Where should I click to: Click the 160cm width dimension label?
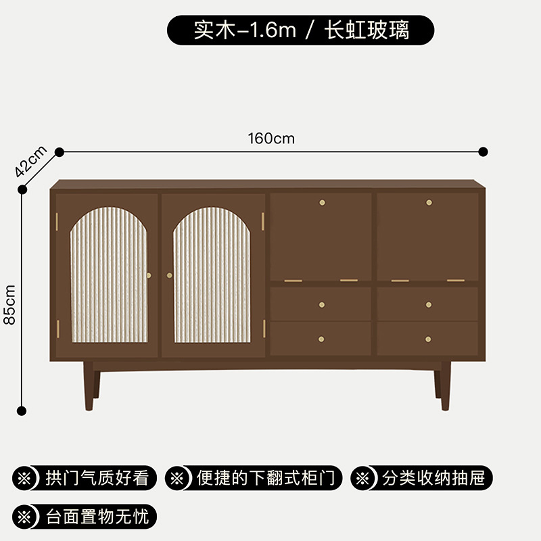[271, 139]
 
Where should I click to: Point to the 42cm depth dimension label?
[30, 161]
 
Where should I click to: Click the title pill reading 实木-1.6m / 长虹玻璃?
[301, 30]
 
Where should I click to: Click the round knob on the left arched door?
[149, 275]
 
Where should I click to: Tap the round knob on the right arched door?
[169, 275]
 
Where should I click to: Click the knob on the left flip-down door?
[322, 202]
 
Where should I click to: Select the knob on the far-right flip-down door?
[429, 202]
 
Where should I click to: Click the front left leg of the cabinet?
[89, 385]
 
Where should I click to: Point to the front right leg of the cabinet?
[445, 385]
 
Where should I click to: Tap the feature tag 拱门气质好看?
[85, 478]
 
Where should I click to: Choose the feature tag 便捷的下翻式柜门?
[254, 478]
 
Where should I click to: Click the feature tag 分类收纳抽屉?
[421, 478]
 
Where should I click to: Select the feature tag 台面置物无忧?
[85, 517]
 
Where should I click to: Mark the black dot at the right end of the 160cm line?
[483, 151]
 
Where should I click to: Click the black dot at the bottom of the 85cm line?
[22, 410]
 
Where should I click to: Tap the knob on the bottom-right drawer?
[429, 339]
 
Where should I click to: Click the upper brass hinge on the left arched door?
[57, 220]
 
